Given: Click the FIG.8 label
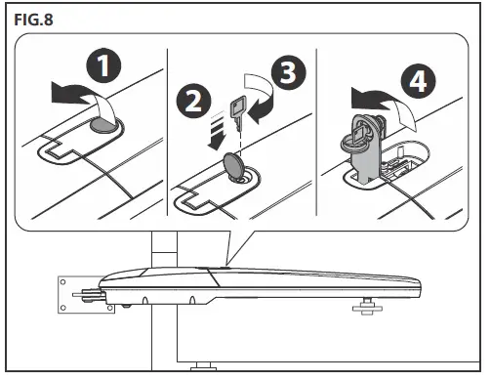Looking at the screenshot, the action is point(33,20).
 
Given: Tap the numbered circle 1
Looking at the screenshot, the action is point(103,65).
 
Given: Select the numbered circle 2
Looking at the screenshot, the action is point(193,101).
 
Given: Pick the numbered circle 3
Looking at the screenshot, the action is point(288,71).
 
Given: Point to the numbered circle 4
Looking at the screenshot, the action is point(418,80).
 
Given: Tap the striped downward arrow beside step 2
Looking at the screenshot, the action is point(216,131).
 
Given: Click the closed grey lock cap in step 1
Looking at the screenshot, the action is point(104,125).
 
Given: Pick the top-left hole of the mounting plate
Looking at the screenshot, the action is point(63,282).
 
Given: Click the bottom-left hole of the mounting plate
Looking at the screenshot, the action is point(63,308).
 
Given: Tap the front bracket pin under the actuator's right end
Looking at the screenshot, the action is point(367,306).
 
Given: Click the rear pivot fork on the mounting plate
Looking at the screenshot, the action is point(89,295).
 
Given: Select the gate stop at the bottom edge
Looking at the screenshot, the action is point(203,366).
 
